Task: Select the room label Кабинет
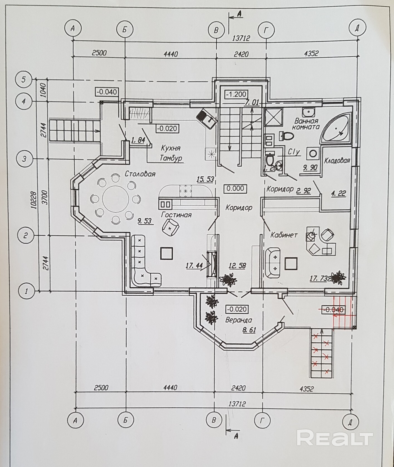click(x=284, y=235)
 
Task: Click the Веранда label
click(x=239, y=320)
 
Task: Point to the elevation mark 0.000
click(x=235, y=188)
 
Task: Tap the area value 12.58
click(x=237, y=266)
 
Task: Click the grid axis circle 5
click(x=24, y=79)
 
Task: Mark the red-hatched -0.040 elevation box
click(x=333, y=309)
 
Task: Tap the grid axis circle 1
click(x=26, y=292)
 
